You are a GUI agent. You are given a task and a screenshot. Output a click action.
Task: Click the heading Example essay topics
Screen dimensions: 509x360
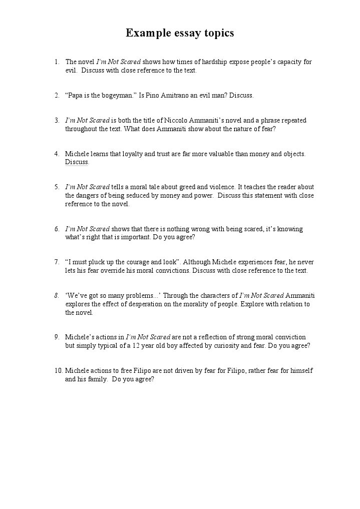180,34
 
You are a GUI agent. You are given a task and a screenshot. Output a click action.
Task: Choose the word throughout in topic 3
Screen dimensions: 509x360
80,129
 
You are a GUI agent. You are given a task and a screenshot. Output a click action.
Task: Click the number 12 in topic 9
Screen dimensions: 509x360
142,346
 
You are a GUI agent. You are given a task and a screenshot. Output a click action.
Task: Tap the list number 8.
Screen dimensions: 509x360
57,295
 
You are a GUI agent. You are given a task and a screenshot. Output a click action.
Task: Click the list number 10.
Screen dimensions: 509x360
58,371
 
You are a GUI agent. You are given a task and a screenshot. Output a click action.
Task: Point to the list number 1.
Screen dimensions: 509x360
57,62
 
